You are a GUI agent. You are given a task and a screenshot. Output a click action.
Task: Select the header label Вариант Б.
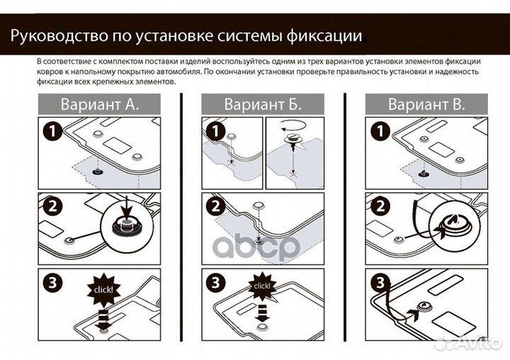pyautogui.click(x=263, y=105)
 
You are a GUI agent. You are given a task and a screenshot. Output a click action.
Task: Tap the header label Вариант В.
pyautogui.click(x=426, y=105)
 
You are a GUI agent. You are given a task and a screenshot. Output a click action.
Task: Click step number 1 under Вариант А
pyautogui.click(x=51, y=132)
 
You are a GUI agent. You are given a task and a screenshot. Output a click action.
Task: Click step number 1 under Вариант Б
pyautogui.click(x=215, y=132)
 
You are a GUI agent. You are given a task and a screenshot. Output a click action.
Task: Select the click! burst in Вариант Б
pyautogui.click(x=261, y=286)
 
